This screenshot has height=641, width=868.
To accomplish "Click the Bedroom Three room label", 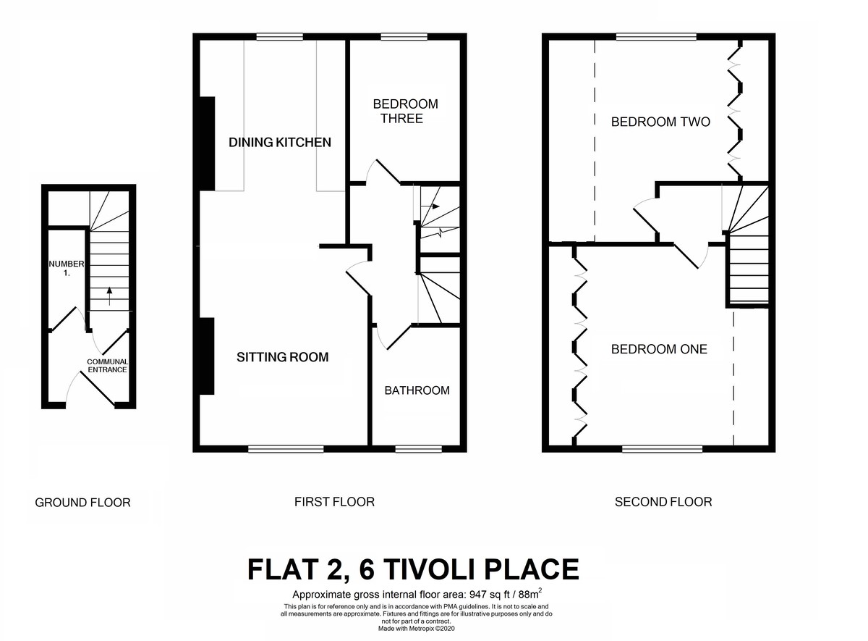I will (x=405, y=111).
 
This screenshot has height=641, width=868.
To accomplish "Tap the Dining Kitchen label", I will (x=280, y=143).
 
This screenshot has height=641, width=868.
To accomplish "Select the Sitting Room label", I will (x=283, y=357).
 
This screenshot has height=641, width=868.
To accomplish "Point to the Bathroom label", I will (x=417, y=390).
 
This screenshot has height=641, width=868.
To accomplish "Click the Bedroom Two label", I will (x=660, y=122).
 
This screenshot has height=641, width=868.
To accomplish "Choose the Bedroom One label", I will (x=659, y=349).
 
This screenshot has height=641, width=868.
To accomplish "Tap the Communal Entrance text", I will (x=107, y=366).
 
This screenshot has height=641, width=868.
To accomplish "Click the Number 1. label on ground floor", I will (x=67, y=269).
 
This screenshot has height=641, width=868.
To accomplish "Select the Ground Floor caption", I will (x=82, y=502).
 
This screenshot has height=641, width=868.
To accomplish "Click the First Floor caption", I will (x=334, y=501).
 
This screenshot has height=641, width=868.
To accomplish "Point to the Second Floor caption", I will (x=663, y=501).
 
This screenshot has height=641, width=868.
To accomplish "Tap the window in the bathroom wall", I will (x=418, y=449).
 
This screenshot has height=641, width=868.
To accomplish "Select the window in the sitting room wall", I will (x=286, y=449).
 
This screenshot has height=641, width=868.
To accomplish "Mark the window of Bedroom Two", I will (x=655, y=37).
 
